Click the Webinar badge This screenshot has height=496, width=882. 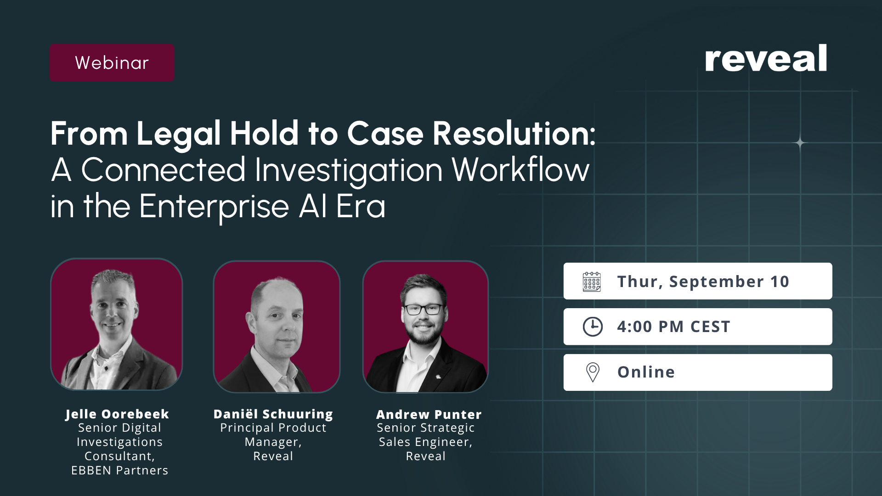click(x=112, y=63)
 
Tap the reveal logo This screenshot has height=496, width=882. click(x=766, y=58)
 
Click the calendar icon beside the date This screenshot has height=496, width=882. click(x=592, y=282)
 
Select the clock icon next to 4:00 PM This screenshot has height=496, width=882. click(x=593, y=327)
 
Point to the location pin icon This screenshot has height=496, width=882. click(x=593, y=372)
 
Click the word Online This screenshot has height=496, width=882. click(x=646, y=372)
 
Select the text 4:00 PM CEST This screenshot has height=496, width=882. click(x=673, y=327)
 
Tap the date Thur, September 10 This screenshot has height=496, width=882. click(x=703, y=282)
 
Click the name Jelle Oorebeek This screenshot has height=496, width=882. click(x=117, y=414)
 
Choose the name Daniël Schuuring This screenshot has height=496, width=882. click(x=273, y=414)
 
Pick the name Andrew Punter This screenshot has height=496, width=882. click(x=429, y=415)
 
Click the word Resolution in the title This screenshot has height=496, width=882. click(x=514, y=134)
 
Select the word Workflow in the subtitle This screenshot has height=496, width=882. click(x=520, y=170)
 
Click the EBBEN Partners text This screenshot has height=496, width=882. click(x=119, y=470)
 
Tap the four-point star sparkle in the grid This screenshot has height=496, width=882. click(x=800, y=143)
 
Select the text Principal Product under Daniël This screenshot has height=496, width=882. click(x=273, y=428)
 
